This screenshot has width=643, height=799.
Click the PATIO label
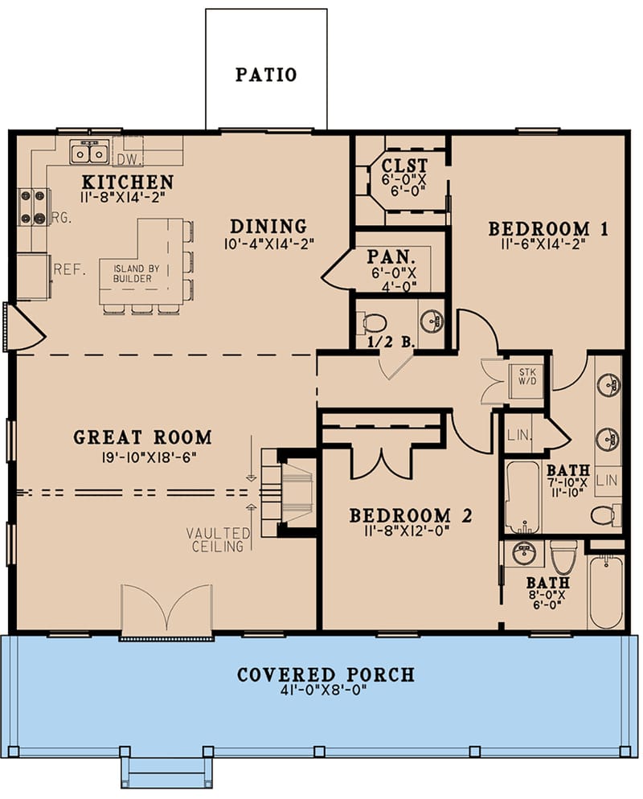pyautogui.click(x=266, y=75)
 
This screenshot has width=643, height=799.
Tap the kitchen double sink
pyautogui.click(x=89, y=151)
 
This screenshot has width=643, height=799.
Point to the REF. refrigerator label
pyautogui.click(x=68, y=270)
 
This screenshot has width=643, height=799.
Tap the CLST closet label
pyautogui.click(x=400, y=166)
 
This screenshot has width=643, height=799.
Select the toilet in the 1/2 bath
pyautogui.click(x=375, y=323)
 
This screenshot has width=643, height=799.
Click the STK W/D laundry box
pyautogui.click(x=526, y=378)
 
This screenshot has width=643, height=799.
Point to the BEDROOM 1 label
pyautogui.click(x=549, y=229)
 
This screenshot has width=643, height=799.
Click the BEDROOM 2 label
pyautogui.click(x=410, y=515)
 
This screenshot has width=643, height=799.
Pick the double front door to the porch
pyautogui.click(x=166, y=613)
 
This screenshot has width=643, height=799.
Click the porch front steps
pyautogui.click(x=167, y=772)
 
